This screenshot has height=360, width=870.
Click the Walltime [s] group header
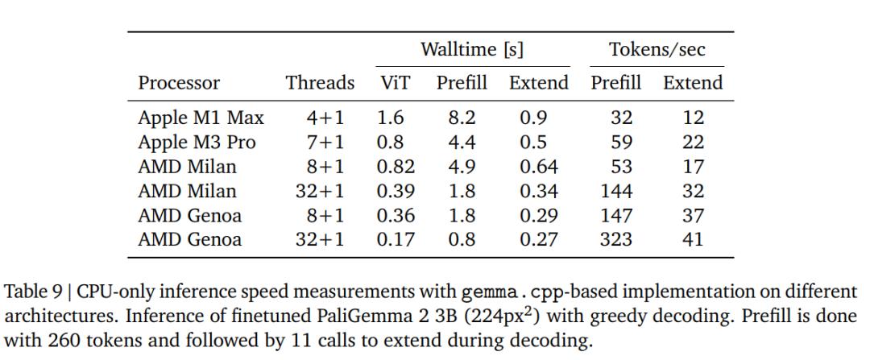pos(472,50)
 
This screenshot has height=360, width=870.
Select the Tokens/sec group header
pos(657,50)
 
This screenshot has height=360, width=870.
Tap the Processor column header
pos(179,83)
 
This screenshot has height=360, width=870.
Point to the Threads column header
pos(320,83)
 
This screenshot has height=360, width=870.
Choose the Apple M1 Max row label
pos(201,118)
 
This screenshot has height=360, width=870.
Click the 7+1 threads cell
pos(325,143)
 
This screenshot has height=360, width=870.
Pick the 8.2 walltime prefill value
pos(462,118)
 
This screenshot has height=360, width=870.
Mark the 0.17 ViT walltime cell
pos(393,239)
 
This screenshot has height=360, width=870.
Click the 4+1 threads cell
pos(325,118)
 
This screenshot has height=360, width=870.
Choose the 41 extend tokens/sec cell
pos(692,239)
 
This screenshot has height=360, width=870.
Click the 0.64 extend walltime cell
pos(537,167)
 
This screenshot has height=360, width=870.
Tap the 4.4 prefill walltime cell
pos(462,143)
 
